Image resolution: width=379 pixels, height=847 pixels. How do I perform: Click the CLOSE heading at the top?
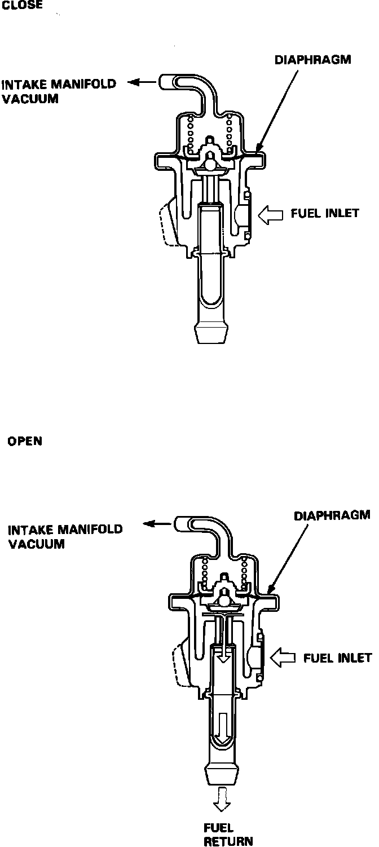[23, 4]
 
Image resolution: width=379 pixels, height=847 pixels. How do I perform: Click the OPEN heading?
[25, 441]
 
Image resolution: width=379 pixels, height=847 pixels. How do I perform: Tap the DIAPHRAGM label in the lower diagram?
[332, 515]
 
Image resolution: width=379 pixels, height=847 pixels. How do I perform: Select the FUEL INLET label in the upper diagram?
[325, 214]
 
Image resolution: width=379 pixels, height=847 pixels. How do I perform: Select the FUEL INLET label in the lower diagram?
[338, 658]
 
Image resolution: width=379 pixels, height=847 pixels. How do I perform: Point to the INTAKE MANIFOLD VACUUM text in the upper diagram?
[59, 90]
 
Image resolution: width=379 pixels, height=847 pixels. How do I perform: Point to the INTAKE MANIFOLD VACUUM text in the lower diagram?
[65, 537]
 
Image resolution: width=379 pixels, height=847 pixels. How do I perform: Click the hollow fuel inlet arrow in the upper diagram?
[271, 214]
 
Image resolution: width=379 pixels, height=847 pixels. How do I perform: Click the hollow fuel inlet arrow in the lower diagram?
[284, 658]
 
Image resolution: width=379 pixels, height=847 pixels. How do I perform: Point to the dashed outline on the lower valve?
[180, 667]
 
